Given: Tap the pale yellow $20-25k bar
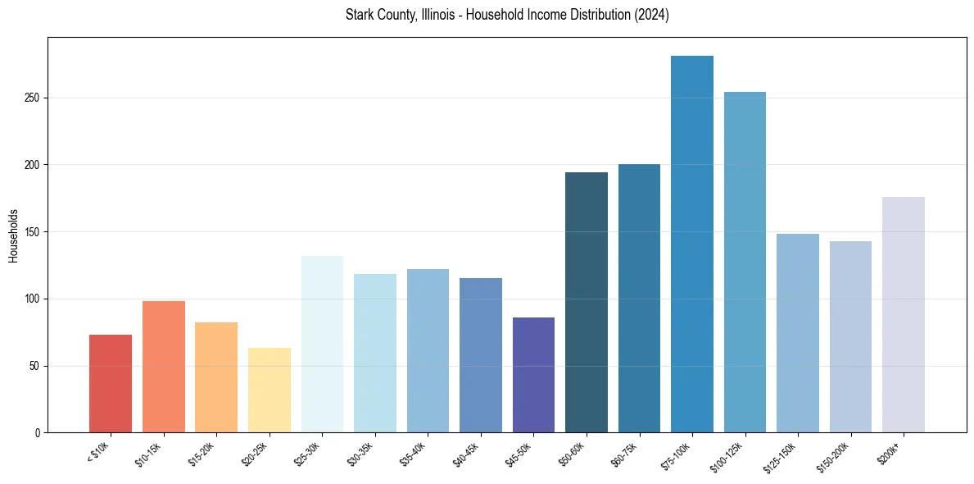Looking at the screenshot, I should click(270, 390).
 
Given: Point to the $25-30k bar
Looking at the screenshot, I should click(322, 344).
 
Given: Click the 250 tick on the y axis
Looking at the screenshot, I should click(33, 98).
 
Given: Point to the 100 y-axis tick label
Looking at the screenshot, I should click(33, 299).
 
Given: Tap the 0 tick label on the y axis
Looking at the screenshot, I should click(38, 432).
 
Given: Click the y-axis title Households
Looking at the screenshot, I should click(13, 235).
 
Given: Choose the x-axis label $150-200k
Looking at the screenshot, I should click(834, 456).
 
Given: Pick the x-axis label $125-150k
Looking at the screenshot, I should click(781, 456).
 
